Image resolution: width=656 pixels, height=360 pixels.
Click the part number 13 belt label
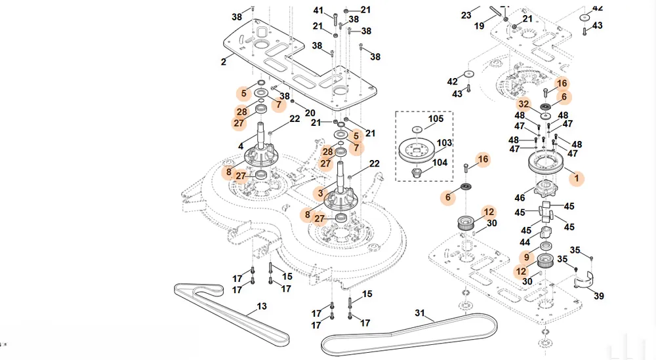(x=262, y=306)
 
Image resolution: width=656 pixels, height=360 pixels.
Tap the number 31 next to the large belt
(x=420, y=313)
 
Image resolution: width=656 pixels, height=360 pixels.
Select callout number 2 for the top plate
(x=224, y=62)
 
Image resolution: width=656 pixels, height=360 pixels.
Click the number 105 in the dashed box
(x=436, y=118)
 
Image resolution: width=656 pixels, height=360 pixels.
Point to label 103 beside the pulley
(x=444, y=143)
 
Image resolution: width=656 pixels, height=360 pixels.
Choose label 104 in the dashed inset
(x=440, y=163)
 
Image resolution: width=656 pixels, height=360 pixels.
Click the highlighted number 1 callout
(x=577, y=178)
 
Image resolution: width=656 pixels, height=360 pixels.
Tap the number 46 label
(x=520, y=198)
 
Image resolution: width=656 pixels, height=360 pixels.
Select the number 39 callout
(x=599, y=296)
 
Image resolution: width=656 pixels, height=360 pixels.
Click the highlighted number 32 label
(x=523, y=104)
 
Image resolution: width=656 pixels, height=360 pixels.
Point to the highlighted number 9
(x=527, y=257)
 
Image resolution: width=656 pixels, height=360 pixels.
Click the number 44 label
(x=525, y=243)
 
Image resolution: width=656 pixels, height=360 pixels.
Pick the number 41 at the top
(x=318, y=10)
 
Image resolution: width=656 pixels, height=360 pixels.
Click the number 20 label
(x=310, y=113)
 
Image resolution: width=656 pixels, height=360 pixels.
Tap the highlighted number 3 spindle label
(x=321, y=193)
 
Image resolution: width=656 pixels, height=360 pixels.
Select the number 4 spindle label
(x=241, y=147)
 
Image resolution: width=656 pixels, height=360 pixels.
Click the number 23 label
(x=466, y=16)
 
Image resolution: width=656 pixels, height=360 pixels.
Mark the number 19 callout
(x=479, y=26)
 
